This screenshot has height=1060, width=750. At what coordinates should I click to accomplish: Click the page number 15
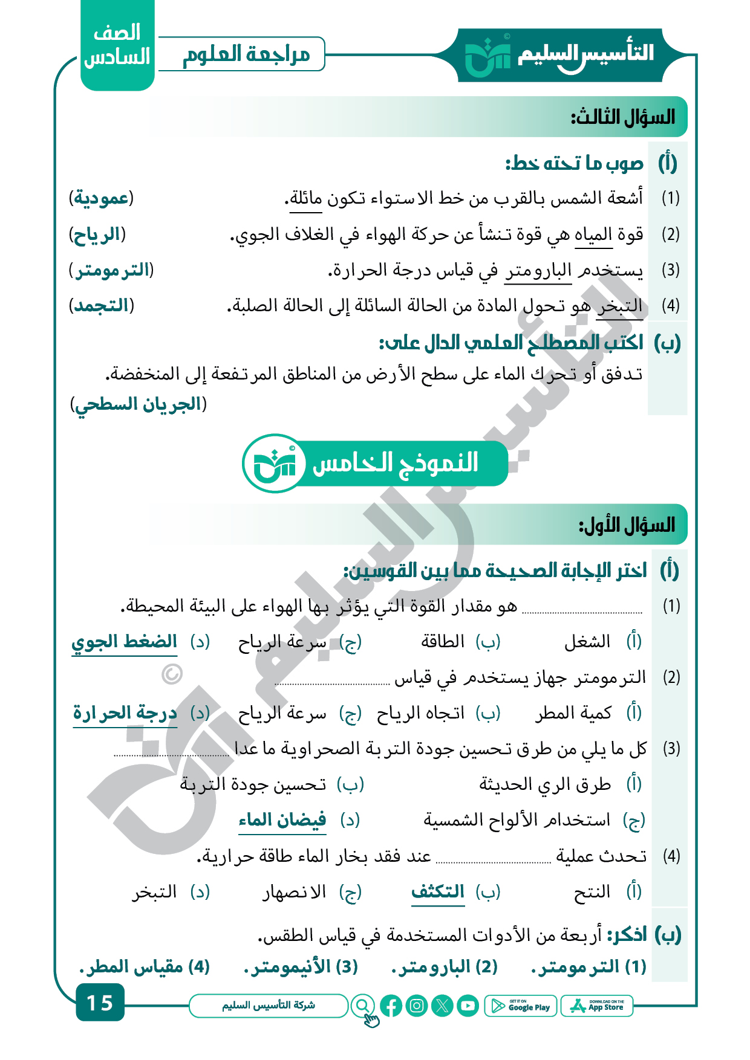100,1003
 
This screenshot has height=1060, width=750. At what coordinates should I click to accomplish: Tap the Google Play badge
521,1006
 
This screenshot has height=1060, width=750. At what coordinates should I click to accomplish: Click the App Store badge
597,1006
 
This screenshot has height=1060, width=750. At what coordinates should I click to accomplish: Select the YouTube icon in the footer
468,1006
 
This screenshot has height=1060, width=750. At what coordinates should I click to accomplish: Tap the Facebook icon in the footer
391,1006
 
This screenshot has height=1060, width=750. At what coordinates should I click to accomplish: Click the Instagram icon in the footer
417,1006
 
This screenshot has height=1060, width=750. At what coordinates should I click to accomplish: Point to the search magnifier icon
362,1006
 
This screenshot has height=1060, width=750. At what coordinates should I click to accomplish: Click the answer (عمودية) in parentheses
101,198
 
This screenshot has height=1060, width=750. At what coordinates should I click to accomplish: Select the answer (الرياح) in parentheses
97,234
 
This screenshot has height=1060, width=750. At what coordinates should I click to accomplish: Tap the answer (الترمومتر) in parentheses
111,270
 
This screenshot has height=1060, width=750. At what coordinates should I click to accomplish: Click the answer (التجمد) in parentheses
102,306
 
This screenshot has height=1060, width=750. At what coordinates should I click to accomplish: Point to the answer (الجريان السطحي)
139,404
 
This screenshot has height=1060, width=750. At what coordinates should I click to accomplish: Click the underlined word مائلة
305,199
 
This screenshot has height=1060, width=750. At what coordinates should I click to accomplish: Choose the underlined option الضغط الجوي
125,642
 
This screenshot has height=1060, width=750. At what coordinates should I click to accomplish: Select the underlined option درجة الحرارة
125,713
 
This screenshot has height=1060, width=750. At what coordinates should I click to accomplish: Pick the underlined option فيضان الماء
282,820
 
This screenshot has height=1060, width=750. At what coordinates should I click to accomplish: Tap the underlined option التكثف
438,892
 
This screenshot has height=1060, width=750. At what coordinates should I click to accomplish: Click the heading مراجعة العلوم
246,54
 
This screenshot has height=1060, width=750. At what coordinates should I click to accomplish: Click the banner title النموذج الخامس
395,464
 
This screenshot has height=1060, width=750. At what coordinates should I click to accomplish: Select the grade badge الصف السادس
117,45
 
